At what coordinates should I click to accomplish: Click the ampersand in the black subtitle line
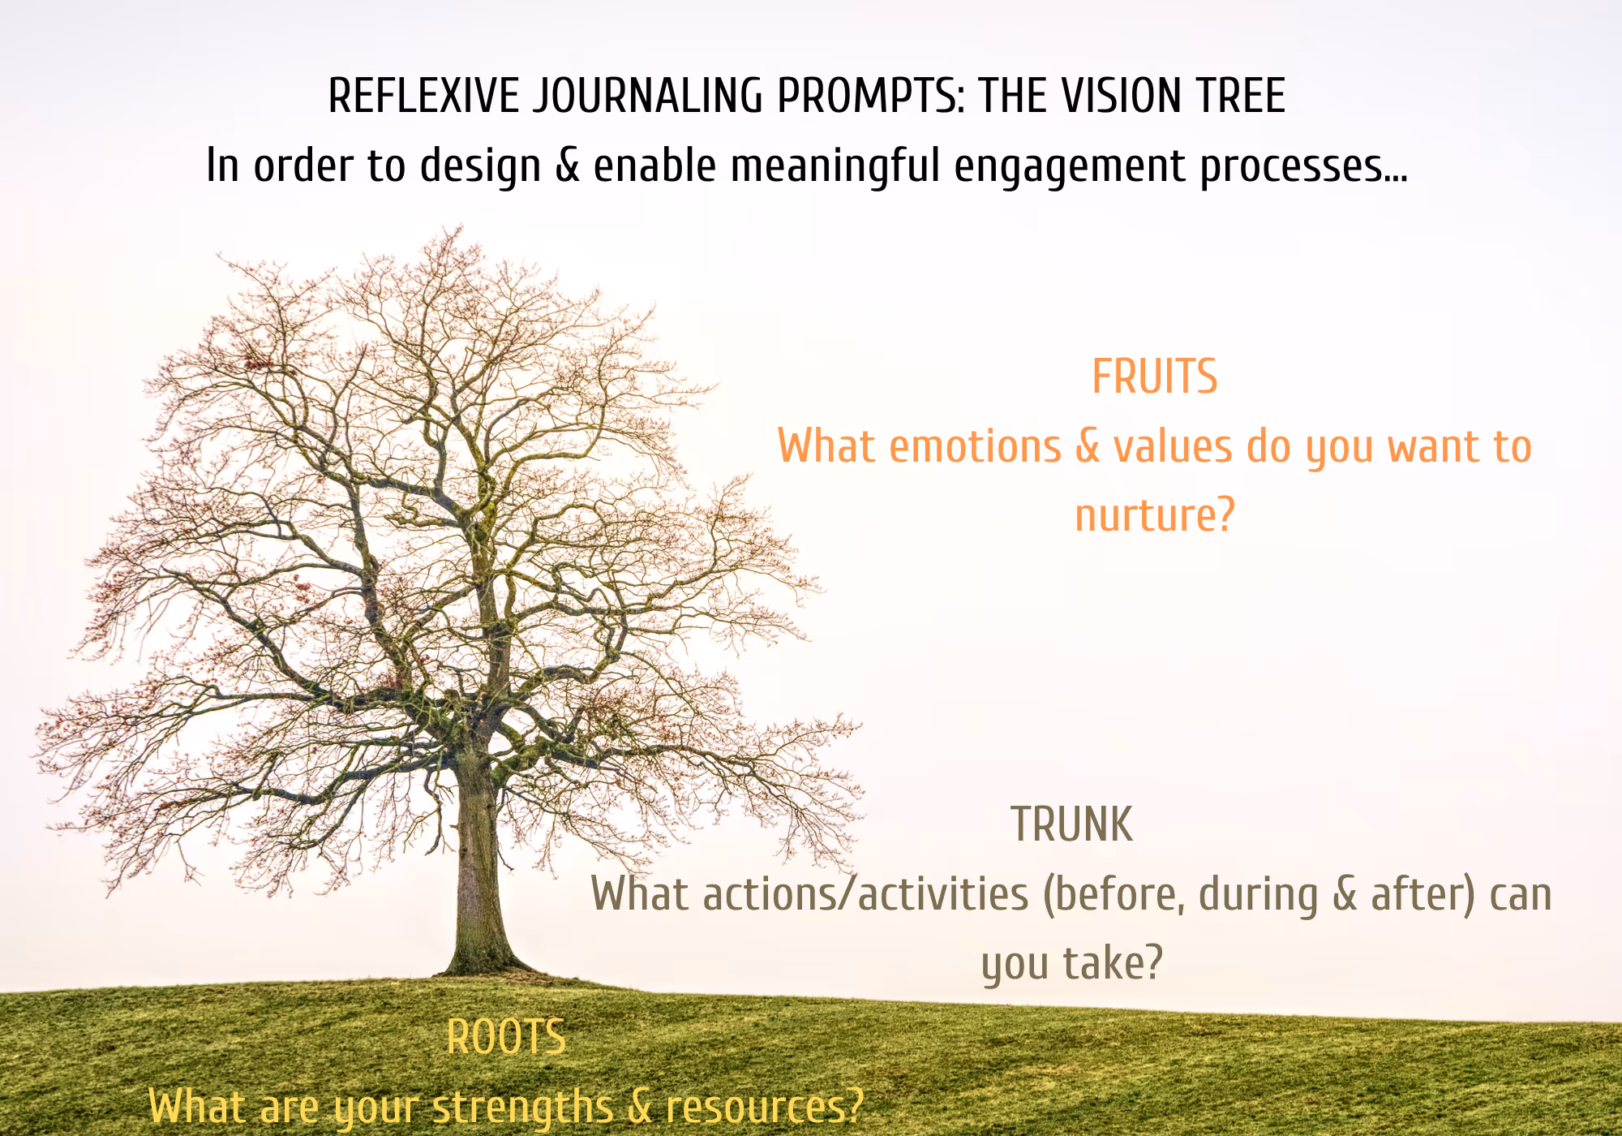pos(568,166)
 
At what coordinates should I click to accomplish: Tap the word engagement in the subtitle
pos(1070,167)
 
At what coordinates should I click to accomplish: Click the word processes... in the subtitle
pos(1303,167)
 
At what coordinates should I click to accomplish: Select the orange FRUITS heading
pos(1154,377)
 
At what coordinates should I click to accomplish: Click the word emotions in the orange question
pos(975,447)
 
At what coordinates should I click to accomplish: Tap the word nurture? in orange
pos(1154,516)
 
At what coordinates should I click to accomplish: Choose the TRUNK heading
pos(1071,825)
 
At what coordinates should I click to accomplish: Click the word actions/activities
pos(866,894)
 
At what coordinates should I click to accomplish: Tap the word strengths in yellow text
pos(522,1108)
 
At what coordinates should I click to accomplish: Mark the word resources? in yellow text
pos(764,1107)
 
